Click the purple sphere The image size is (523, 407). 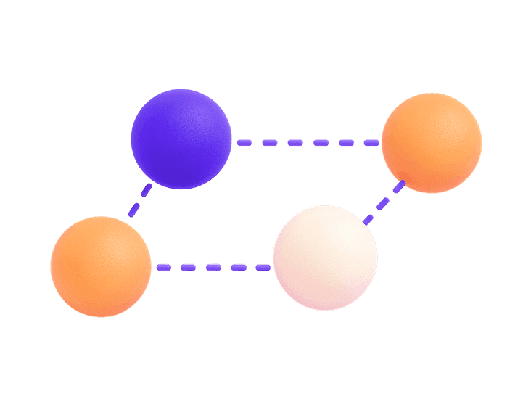[x=181, y=139]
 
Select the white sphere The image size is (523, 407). [x=325, y=258]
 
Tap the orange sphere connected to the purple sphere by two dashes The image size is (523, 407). [x=101, y=266]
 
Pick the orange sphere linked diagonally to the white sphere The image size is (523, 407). [x=432, y=143]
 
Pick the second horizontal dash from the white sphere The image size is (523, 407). [x=239, y=267]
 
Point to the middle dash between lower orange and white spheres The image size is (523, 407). [x=213, y=267]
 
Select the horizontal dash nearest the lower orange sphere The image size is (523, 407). [x=162, y=267]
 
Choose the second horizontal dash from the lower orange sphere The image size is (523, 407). [x=188, y=267]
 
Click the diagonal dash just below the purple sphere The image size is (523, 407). [x=146, y=190]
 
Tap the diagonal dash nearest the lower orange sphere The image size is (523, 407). [x=133, y=210]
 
